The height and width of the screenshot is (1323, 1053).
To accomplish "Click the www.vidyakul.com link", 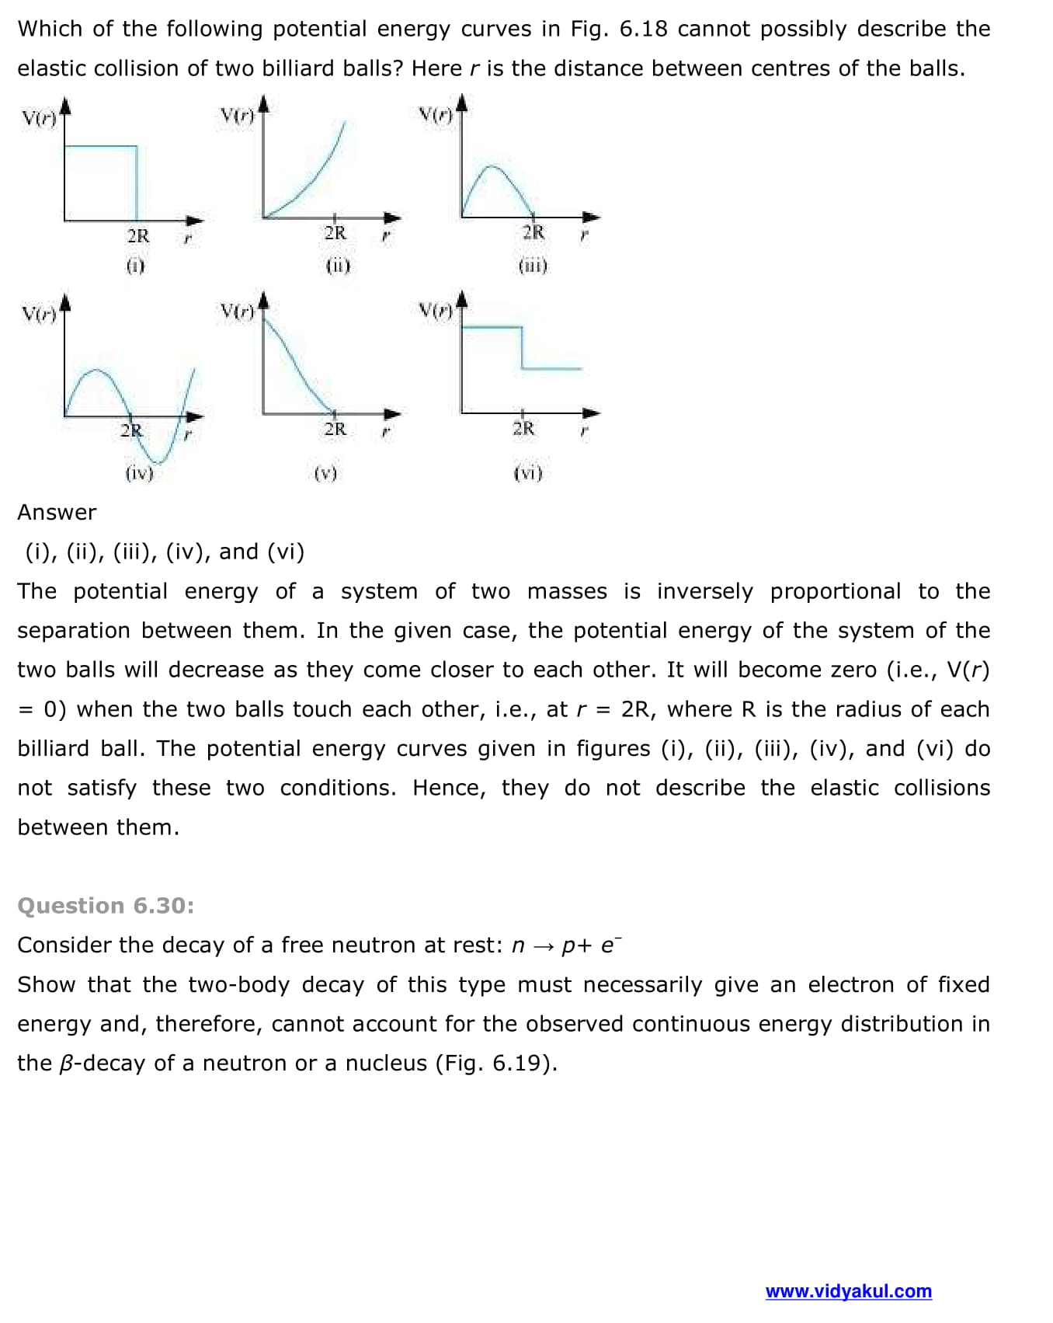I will click(x=848, y=1291).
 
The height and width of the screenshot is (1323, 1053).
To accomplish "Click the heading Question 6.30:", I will click(x=106, y=906).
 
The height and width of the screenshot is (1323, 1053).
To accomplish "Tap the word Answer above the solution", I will click(x=57, y=513).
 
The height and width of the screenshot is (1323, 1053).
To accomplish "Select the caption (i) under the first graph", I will click(x=135, y=266).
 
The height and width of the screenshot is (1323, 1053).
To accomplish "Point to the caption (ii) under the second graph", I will click(x=338, y=266).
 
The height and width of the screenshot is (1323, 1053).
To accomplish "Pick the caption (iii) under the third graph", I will click(x=533, y=266).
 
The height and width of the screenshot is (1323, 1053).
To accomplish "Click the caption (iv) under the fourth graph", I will click(x=140, y=473).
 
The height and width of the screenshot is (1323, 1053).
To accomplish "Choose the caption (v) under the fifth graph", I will click(x=325, y=473).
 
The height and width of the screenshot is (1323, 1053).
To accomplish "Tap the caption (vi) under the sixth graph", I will click(x=528, y=473).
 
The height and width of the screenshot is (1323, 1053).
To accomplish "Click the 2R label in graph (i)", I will click(x=138, y=235).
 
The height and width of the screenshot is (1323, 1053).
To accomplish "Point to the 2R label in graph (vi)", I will click(x=524, y=428).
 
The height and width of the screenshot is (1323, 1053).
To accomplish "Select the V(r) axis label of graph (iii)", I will click(x=436, y=117).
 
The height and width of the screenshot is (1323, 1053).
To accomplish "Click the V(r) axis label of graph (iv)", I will click(x=39, y=314).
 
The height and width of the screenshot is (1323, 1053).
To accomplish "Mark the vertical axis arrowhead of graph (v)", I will click(x=263, y=299).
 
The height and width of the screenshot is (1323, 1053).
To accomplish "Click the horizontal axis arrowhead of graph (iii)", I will click(x=592, y=218).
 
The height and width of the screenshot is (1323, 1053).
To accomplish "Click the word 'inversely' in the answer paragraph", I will click(x=704, y=592).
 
